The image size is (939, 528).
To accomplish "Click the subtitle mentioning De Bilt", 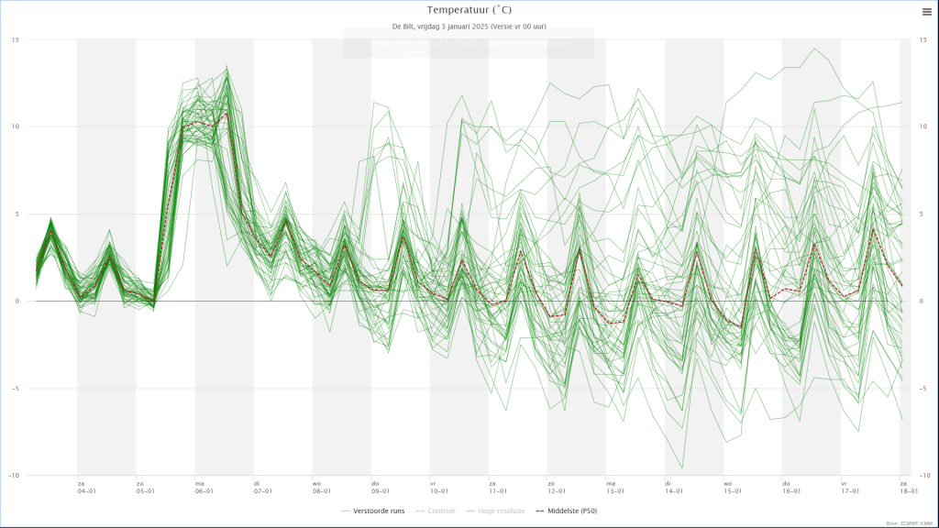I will click(469, 27).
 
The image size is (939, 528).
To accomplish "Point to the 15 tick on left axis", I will click(16, 39).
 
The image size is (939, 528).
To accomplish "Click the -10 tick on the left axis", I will click(14, 476).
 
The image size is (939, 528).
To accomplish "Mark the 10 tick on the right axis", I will click(923, 126).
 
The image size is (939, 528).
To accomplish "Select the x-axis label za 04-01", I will click(87, 487).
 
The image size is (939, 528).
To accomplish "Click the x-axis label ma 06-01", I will click(204, 487).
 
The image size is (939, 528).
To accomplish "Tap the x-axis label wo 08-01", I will click(322, 487).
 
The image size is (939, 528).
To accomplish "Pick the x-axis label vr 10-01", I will click(439, 487).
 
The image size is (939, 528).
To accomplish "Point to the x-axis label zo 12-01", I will click(557, 487).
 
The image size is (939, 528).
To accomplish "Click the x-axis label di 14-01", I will click(674, 487).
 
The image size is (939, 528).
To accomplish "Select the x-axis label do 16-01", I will click(791, 487).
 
